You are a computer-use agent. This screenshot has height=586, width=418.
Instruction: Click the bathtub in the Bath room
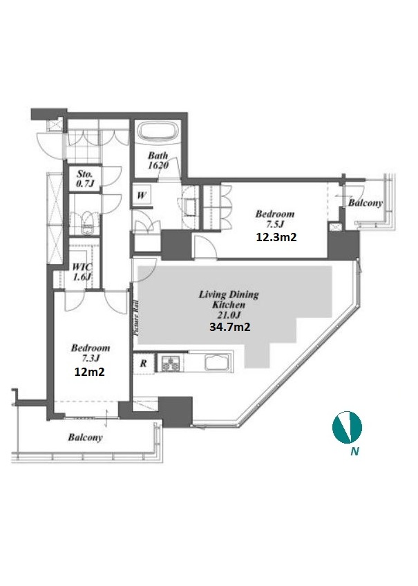158,133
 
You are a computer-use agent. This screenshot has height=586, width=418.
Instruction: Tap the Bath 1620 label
158,160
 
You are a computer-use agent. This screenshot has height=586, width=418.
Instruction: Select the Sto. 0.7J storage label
85,179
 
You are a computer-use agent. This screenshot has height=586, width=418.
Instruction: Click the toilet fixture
88,223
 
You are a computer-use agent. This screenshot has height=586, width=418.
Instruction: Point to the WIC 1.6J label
82,272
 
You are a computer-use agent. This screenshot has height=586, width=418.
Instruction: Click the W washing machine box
142,196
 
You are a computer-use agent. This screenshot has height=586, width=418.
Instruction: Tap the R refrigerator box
144,363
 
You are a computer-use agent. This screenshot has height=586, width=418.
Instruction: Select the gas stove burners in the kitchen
171,363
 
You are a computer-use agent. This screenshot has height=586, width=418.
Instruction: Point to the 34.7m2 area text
230,327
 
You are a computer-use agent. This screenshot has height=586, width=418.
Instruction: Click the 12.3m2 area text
276,237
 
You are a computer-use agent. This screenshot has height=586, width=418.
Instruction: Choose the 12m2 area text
89,372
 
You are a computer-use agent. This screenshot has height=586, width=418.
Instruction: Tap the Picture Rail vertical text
136,318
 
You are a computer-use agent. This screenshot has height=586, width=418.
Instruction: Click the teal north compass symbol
347,427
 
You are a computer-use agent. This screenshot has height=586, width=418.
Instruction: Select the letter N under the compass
354,451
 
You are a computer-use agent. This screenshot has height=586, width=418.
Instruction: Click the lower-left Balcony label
85,437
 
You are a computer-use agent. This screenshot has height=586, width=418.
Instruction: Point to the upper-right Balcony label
365,203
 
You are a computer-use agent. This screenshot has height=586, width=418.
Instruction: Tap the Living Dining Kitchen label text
229,299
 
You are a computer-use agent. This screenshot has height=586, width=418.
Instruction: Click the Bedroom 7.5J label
274,219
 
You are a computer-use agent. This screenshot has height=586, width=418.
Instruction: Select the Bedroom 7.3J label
91,353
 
